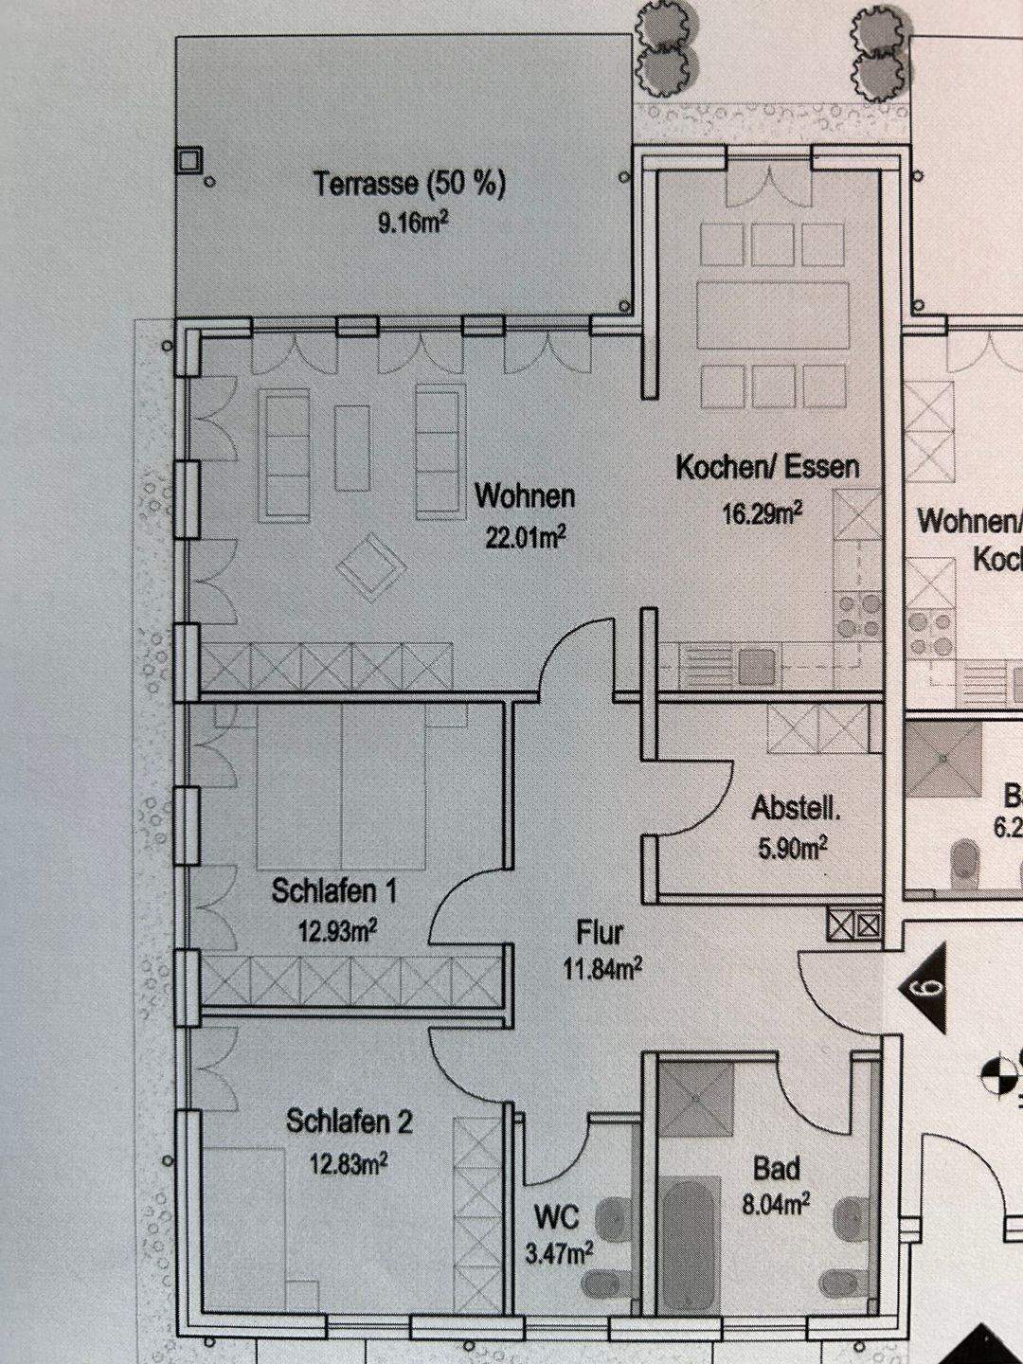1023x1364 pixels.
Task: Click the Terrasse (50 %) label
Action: [409, 184]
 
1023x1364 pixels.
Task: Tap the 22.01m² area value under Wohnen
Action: [526, 538]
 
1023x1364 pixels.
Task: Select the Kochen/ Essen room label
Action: [767, 467]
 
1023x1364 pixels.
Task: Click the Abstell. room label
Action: [796, 809]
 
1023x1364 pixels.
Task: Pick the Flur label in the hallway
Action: [601, 932]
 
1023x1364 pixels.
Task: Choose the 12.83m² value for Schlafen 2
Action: [348, 1162]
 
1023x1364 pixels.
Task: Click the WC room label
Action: [556, 1215]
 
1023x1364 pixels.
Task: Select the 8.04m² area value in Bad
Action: [775, 1204]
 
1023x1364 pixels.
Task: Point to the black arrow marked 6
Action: [924, 987]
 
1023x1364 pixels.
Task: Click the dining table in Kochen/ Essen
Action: [771, 313]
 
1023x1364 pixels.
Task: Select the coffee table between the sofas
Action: [352, 447]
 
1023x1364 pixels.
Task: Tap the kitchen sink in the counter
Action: [756, 665]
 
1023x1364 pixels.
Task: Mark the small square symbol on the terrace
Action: [189, 159]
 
